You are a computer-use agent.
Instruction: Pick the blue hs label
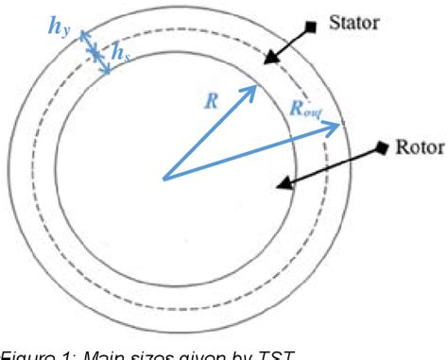(121, 55)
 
